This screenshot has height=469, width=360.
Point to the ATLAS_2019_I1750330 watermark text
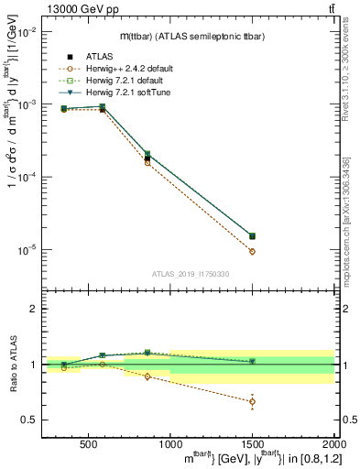[191, 274]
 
